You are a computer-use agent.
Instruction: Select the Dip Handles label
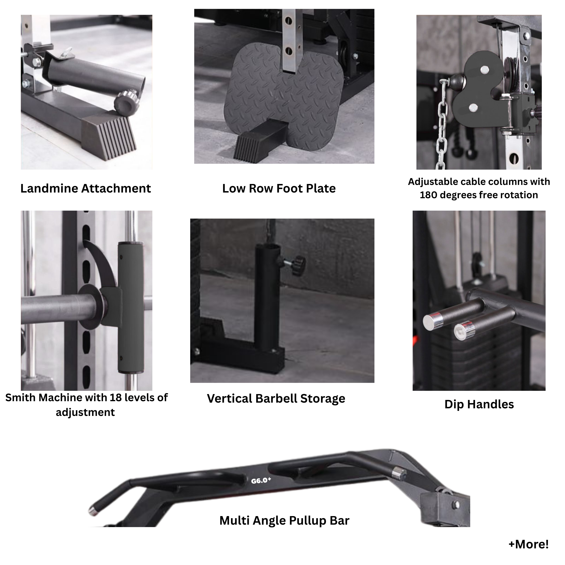click(479, 405)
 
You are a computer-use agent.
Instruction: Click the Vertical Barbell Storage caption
click(276, 399)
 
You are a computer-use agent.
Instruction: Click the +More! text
click(528, 544)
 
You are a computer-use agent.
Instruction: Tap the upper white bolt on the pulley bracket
click(484, 70)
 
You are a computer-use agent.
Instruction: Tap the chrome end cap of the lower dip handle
click(464, 330)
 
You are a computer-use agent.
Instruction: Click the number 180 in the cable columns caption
click(429, 195)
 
